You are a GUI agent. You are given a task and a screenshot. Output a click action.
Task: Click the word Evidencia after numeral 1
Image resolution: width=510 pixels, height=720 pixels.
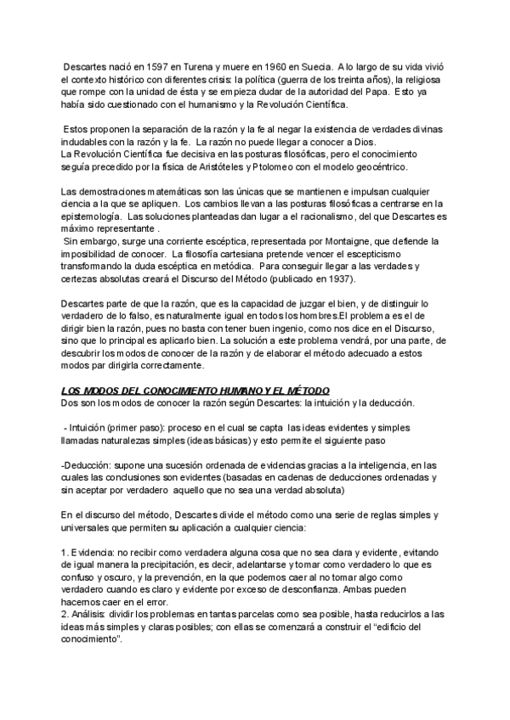point(94,553)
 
